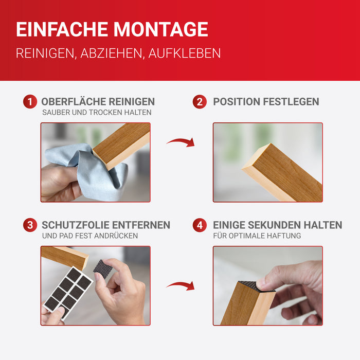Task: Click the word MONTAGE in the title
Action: point(160,29)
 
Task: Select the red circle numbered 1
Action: point(30,102)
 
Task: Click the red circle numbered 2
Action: point(200,102)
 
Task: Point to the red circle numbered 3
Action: point(30,225)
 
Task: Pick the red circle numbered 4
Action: point(200,225)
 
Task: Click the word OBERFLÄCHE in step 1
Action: point(73,101)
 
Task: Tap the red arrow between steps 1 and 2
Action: point(181,142)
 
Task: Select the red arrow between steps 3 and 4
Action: point(181,285)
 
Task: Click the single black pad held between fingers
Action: point(103,268)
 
